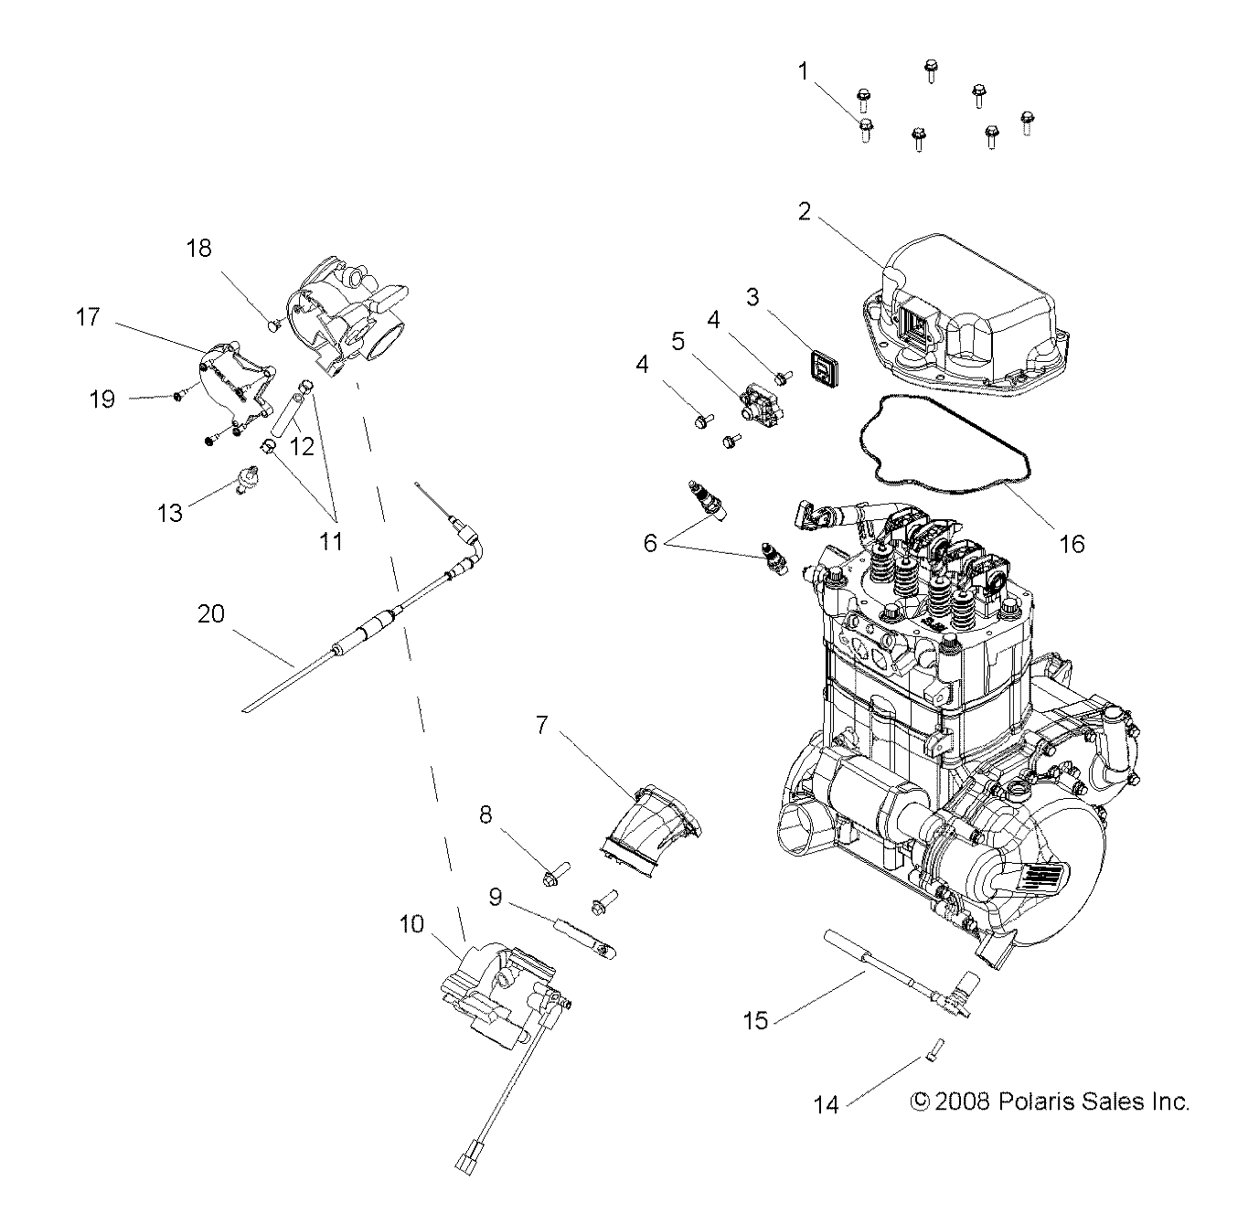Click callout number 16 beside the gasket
(x=1071, y=544)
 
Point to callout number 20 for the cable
(x=211, y=613)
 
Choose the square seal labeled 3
(x=827, y=372)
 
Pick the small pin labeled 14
(x=934, y=1051)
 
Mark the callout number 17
(x=89, y=317)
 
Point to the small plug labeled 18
(x=272, y=324)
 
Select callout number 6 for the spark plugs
(x=650, y=543)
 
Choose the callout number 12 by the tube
(x=302, y=446)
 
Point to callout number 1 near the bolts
(x=805, y=71)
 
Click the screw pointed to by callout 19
(x=177, y=396)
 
